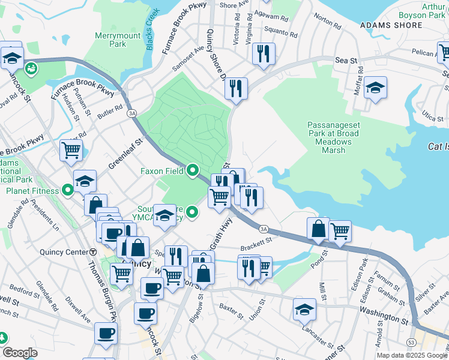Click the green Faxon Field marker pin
[x=192, y=171]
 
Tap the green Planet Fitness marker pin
[x=68, y=191]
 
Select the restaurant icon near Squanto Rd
[x=263, y=55]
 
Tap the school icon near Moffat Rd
[x=375, y=89]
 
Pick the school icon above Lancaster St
[x=305, y=309]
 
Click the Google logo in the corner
[x=20, y=353]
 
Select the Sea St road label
[x=342, y=61]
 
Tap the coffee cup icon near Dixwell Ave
[x=106, y=333]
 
